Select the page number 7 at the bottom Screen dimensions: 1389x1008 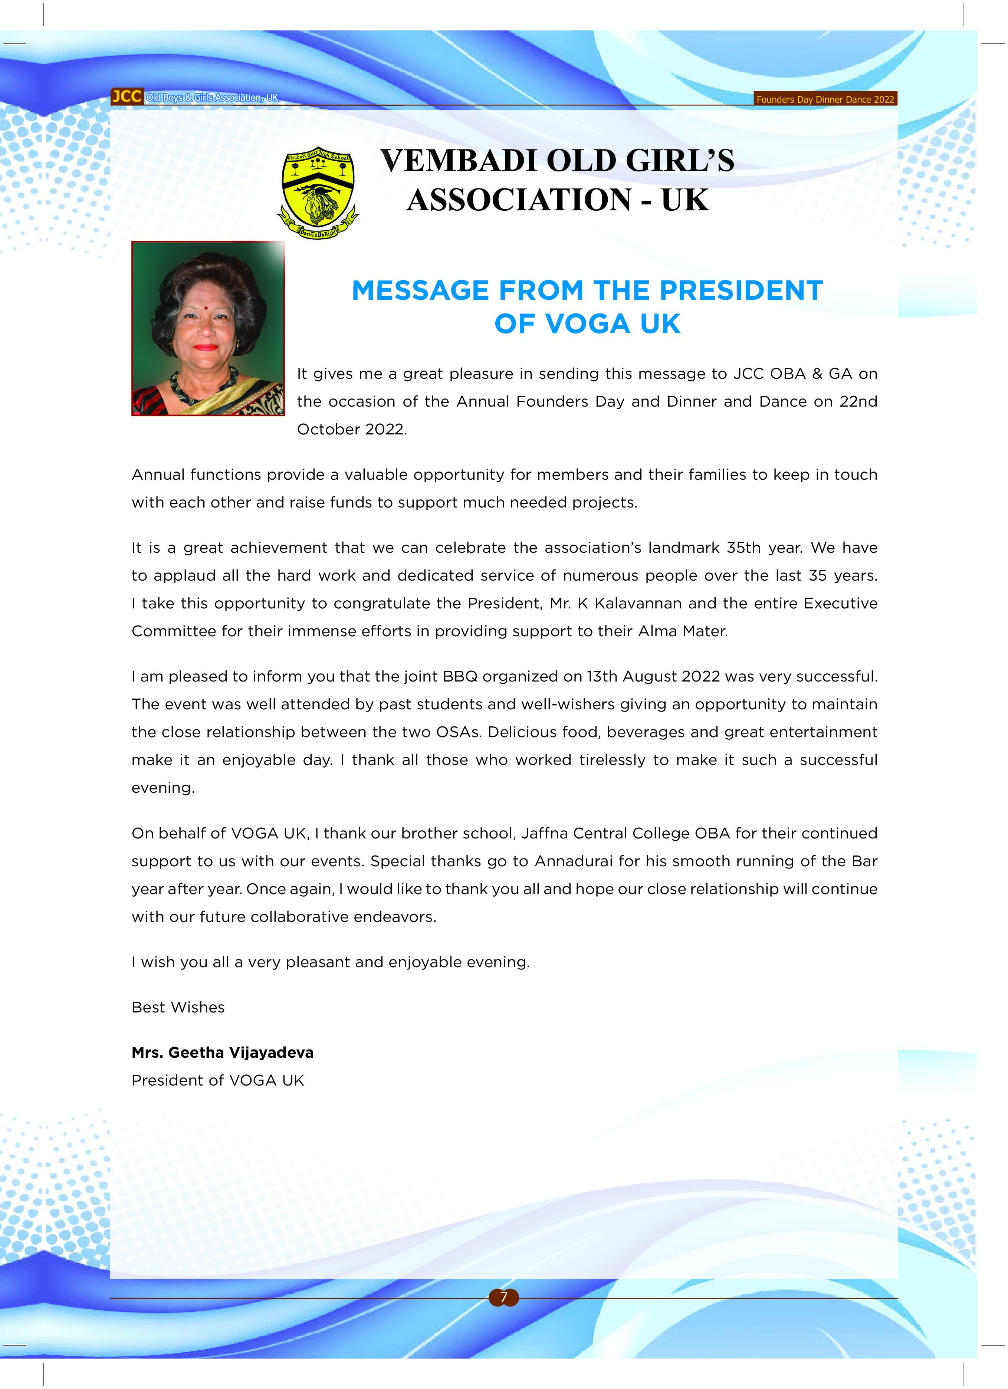pyautogui.click(x=503, y=1297)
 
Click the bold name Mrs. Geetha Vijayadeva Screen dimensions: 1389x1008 pyautogui.click(x=222, y=1052)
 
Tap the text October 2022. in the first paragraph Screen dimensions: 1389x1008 pyautogui.click(x=351, y=429)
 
